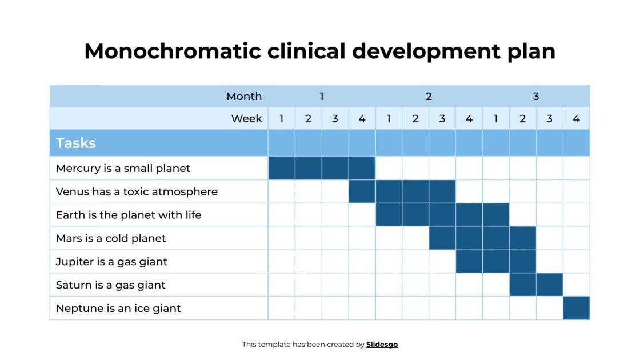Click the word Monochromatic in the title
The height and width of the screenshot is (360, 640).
tap(171, 51)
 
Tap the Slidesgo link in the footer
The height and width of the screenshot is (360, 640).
tap(382, 344)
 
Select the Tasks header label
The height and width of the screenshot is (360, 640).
tap(76, 143)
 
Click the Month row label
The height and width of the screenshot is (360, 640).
tap(244, 96)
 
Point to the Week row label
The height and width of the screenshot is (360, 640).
tap(246, 119)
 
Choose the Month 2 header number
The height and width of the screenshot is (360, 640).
tap(429, 96)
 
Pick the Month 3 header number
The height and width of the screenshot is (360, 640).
tap(536, 96)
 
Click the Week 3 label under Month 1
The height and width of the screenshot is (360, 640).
tap(335, 119)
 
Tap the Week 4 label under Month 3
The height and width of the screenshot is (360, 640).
tap(576, 119)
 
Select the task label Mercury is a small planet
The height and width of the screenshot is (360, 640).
tap(123, 169)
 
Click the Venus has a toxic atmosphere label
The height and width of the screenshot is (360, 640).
tap(137, 191)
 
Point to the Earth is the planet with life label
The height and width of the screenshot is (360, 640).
tap(129, 215)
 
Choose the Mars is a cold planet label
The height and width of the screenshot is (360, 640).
tap(111, 238)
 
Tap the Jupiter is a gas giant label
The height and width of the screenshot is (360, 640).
tap(111, 262)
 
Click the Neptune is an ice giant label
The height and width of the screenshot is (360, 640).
tap(118, 309)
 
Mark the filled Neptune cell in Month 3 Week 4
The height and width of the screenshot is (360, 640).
tap(576, 309)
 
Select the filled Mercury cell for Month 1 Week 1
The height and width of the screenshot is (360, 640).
tap(282, 169)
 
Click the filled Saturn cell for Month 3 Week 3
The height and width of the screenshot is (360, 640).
tap(549, 285)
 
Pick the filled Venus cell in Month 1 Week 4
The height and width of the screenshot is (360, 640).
tap(362, 191)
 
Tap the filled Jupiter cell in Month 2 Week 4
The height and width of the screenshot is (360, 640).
tap(469, 262)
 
